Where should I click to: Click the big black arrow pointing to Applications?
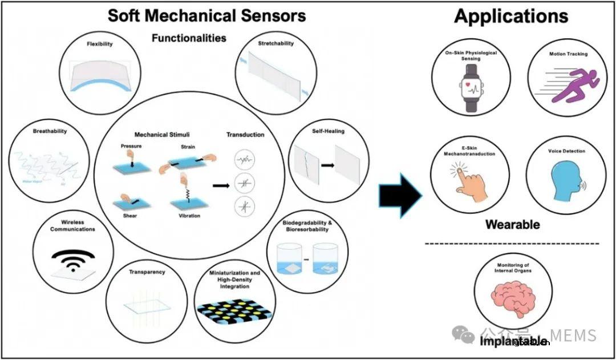coord(400,196)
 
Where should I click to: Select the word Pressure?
coord(131,146)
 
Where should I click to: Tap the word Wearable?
coord(512,224)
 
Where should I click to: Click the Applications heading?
coord(511,16)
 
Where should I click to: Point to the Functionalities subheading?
coord(188,38)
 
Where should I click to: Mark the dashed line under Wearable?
coord(512,244)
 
